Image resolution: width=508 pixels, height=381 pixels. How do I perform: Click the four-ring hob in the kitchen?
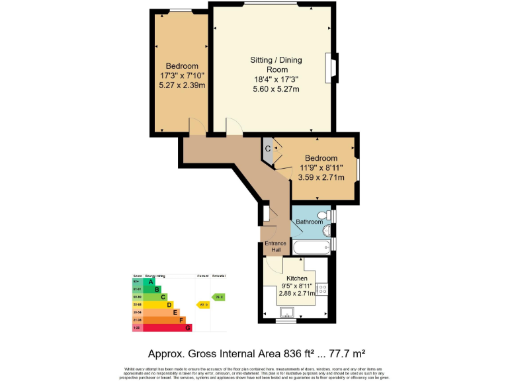click(323, 288)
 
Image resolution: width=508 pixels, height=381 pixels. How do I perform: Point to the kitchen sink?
click(288, 312)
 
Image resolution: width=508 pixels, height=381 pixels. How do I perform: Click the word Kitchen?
click(296, 279)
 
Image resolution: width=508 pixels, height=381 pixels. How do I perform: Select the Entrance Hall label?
click(275, 247)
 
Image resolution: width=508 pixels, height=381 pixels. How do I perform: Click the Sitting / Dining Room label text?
click(276, 65)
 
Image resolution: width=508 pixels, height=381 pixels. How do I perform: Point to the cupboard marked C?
click(268, 148)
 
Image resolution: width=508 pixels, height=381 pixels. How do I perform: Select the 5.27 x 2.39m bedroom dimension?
click(182, 85)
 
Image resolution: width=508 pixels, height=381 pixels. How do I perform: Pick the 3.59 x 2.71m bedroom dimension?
click(321, 178)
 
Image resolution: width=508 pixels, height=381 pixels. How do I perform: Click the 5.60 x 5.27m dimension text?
click(276, 89)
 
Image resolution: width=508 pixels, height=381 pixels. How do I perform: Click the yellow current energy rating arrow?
click(203, 304)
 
